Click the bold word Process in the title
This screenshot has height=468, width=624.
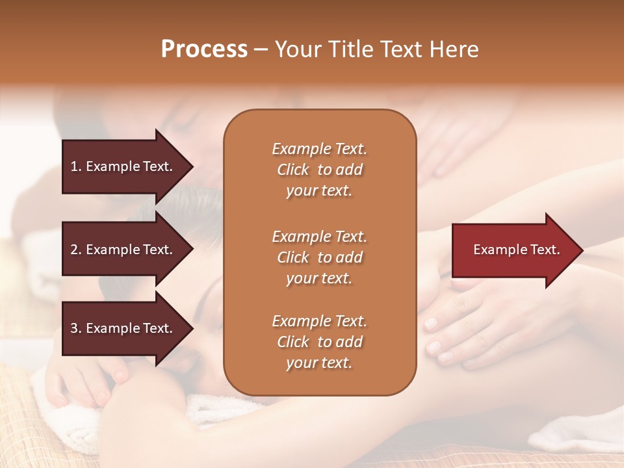coord(204,49)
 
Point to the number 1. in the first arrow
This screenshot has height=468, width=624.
coord(76,166)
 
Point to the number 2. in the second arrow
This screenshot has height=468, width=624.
coord(76,250)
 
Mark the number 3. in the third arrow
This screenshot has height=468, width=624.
coord(76,328)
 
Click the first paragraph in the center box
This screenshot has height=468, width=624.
coord(319,170)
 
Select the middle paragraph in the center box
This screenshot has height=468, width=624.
coord(319,257)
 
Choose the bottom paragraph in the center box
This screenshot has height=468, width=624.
coord(319,342)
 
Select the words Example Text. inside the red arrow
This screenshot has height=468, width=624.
coord(517,250)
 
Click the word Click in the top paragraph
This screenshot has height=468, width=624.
coord(293,170)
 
